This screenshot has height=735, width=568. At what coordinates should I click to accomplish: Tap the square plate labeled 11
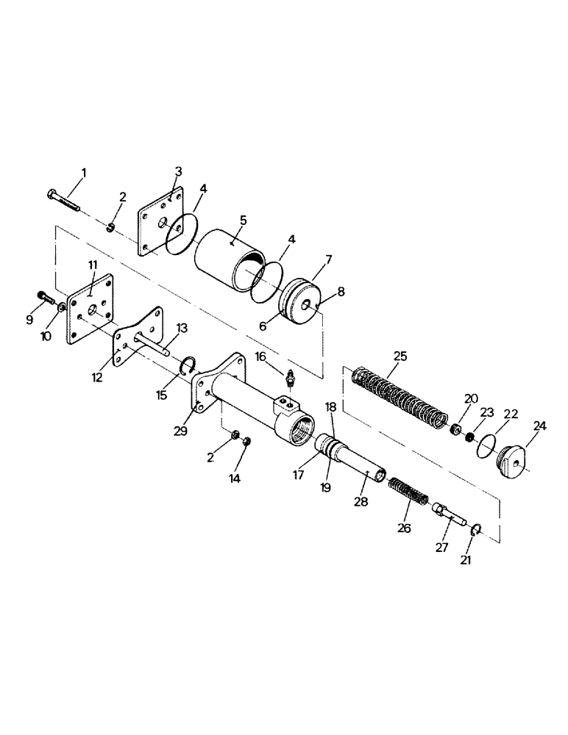[x=91, y=308]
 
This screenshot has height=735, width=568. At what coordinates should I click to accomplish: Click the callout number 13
[x=181, y=327]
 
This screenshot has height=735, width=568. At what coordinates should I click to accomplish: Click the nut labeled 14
[x=248, y=441]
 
